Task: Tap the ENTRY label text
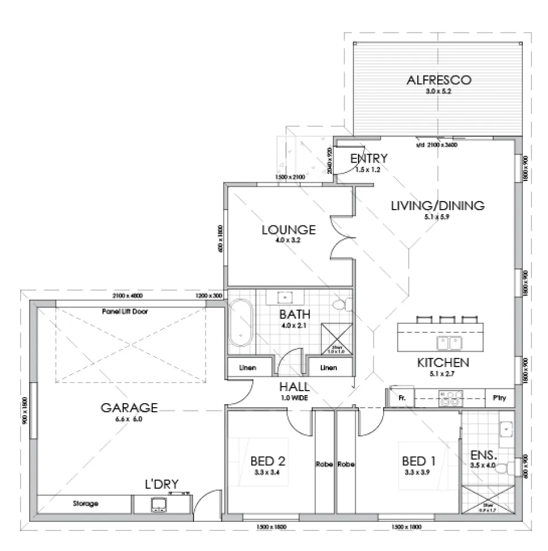pyautogui.click(x=369, y=158)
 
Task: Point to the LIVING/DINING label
pyautogui.click(x=437, y=206)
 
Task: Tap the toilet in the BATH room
pyautogui.click(x=341, y=305)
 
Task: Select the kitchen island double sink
pyautogui.click(x=449, y=343)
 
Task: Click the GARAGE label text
pyautogui.click(x=129, y=408)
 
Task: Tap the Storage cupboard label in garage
pyautogui.click(x=85, y=504)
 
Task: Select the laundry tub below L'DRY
pyautogui.click(x=159, y=504)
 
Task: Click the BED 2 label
pyautogui.click(x=268, y=461)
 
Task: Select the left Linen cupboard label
pyautogui.click(x=247, y=368)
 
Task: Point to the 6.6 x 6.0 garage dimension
pyautogui.click(x=129, y=419)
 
